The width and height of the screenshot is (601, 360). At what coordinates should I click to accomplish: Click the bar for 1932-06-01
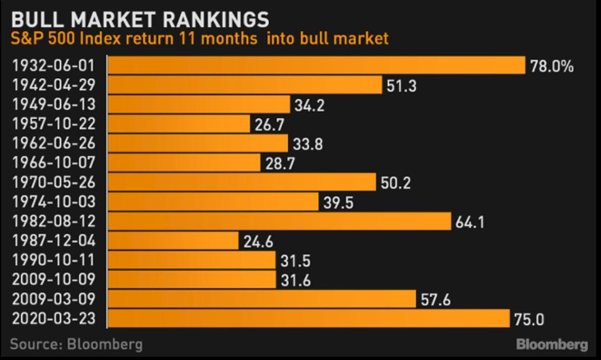pyautogui.click(x=316, y=65)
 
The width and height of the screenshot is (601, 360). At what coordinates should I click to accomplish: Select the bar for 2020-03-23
pyautogui.click(x=308, y=318)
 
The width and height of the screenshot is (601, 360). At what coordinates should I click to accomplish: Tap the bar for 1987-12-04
pyautogui.click(x=173, y=241)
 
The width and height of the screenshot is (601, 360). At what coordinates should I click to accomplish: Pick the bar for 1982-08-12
pyautogui.click(x=279, y=221)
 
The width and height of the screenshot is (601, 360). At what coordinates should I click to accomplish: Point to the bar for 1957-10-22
pyautogui.click(x=179, y=124)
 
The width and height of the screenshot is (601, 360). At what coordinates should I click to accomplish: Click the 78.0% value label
pyautogui.click(x=552, y=67)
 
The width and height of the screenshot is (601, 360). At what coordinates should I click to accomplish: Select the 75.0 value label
pyautogui.click(x=529, y=319)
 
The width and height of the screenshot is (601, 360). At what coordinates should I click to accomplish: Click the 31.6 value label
pyautogui.click(x=296, y=280)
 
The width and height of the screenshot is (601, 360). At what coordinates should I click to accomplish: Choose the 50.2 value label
pyautogui.click(x=396, y=182)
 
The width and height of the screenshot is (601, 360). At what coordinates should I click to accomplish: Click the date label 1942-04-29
pyautogui.click(x=53, y=85)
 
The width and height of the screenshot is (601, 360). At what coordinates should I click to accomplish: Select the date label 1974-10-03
pyautogui.click(x=53, y=202)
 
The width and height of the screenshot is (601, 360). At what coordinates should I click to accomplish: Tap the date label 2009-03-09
pyautogui.click(x=53, y=299)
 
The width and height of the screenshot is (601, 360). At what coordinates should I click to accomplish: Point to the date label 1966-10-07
pyautogui.click(x=53, y=163)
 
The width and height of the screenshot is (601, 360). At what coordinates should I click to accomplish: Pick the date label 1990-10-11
pyautogui.click(x=53, y=260)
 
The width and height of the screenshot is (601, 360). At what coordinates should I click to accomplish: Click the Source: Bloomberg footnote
pyautogui.click(x=76, y=344)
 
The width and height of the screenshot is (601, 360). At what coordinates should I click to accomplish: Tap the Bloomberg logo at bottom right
pyautogui.click(x=552, y=344)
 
